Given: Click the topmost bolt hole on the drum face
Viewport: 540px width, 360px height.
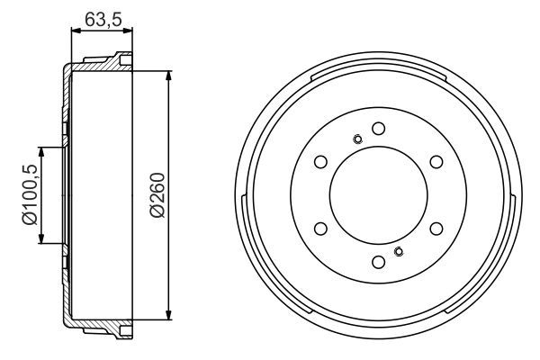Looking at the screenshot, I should point(379,128).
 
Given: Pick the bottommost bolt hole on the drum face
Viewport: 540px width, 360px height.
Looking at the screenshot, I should point(379,261).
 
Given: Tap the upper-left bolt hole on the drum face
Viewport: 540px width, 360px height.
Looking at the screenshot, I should point(320,162).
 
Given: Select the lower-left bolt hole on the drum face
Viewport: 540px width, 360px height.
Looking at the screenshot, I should point(320,229).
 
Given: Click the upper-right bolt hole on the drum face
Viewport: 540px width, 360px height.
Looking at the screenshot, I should point(436,162).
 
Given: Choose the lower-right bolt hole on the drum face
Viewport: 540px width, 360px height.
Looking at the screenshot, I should point(436,229).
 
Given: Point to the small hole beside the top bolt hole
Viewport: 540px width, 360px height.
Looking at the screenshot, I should point(357,139).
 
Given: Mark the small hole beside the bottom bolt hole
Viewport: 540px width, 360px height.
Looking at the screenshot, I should point(400,251).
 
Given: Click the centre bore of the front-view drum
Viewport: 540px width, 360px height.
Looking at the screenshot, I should point(379,194).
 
